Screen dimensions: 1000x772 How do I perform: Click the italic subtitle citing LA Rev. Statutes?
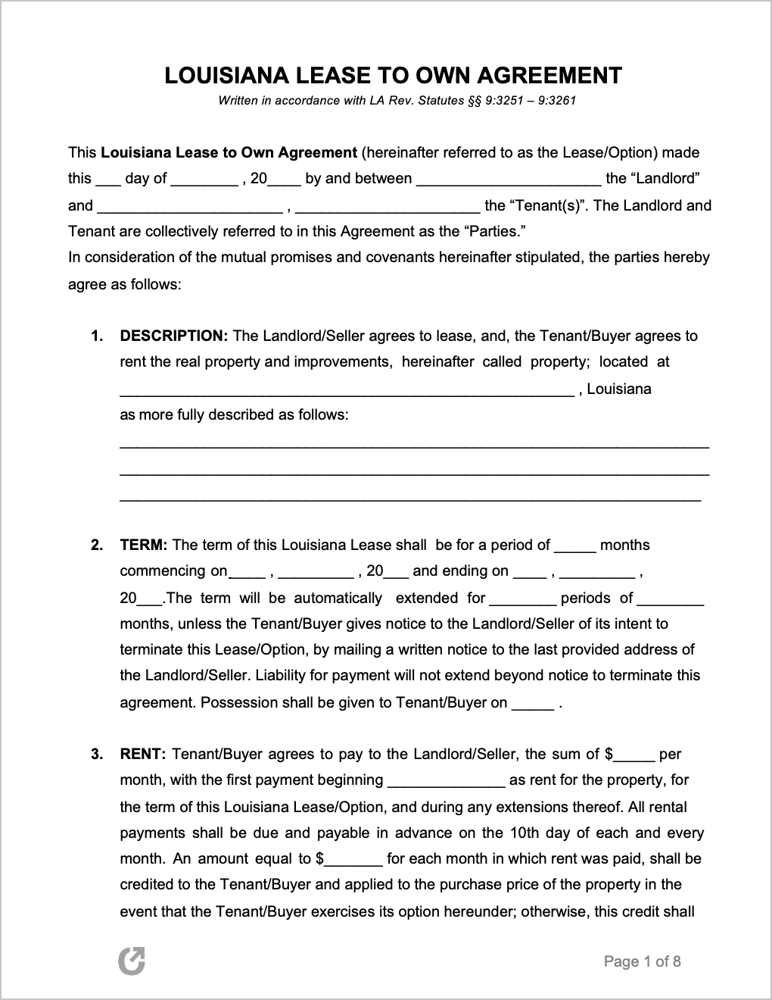tap(397, 100)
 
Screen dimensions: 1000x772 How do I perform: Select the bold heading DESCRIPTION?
tap(174, 336)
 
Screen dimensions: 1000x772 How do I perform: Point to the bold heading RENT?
tap(143, 754)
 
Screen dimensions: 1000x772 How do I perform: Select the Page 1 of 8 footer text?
tap(643, 961)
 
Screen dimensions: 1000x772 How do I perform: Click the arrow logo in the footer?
tap(132, 961)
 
